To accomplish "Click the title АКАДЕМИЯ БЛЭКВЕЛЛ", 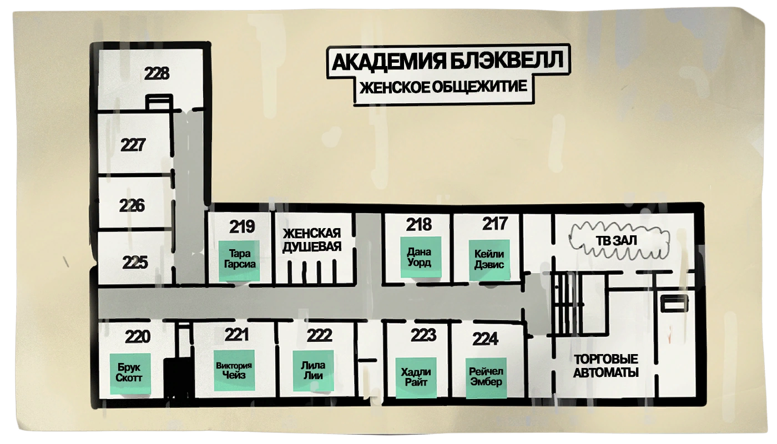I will point(450,60).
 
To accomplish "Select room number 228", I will point(157,73).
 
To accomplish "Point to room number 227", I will point(133,145).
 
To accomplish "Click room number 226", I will point(132,205).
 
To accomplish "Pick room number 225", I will point(135,261).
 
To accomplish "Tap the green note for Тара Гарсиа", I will point(239,260).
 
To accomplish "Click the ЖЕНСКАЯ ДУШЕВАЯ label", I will point(311,240).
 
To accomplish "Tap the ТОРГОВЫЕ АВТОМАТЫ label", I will point(606,366).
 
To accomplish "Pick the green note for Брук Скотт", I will point(129,374).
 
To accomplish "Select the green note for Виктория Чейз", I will point(234,371).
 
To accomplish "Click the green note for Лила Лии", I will point(312,370).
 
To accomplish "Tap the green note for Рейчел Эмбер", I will point(486,377).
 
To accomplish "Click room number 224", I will point(485,339).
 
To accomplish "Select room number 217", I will point(495,224).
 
